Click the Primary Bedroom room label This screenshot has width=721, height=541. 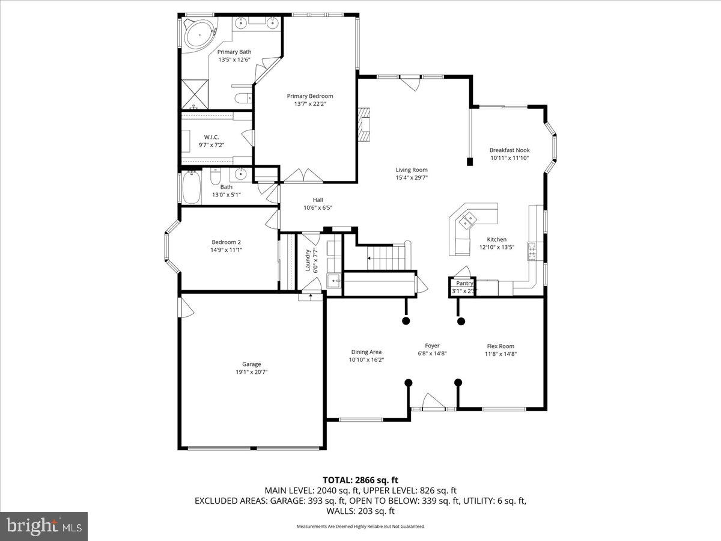tap(309, 96)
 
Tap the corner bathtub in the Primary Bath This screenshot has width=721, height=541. tap(198, 35)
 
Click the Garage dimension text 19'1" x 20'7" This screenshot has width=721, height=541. tap(251, 372)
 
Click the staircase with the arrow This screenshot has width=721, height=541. tap(385, 258)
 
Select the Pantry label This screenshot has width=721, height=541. tap(464, 283)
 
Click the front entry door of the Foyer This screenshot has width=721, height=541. tap(433, 403)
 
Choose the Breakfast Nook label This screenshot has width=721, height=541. tap(510, 150)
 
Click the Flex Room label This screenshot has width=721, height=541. tap(500, 346)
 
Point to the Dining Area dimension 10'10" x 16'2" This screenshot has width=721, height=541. tap(366, 360)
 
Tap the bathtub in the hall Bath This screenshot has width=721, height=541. tap(192, 188)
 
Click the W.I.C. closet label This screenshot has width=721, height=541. tap(211, 137)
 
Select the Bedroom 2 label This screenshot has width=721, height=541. tap(227, 242)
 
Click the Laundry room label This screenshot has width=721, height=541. tap(308, 260)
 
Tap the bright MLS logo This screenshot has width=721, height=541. tap(44, 527)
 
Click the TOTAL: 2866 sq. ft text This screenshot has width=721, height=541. tap(360, 480)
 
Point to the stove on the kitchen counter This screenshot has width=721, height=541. tap(532, 251)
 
